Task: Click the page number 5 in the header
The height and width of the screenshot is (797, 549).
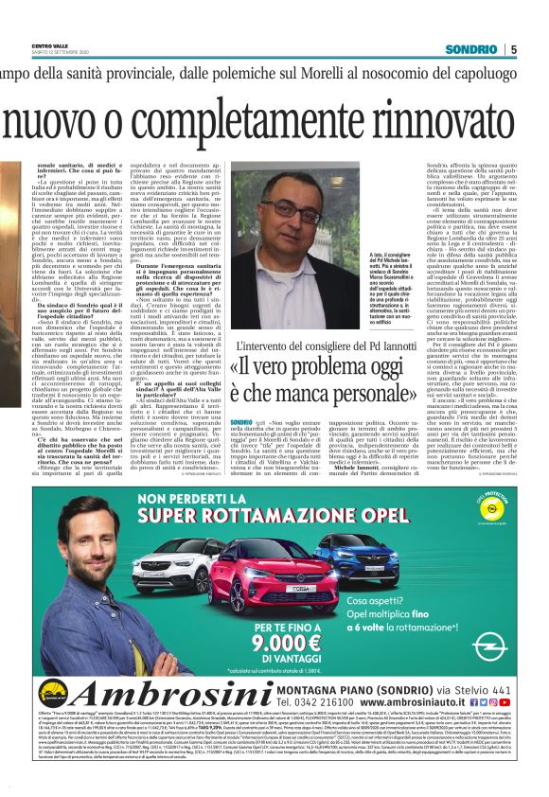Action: click(513, 49)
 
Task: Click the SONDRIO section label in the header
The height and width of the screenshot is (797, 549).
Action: click(470, 49)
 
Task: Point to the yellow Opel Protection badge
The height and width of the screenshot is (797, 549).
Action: click(484, 525)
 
